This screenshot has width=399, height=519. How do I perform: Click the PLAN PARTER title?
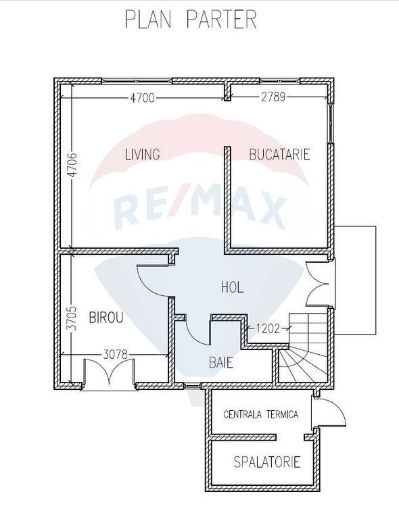click(191, 19)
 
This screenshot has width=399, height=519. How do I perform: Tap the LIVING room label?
click(143, 154)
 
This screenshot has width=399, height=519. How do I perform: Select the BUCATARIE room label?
click(279, 154)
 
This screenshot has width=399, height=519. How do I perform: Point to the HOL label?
click(232, 287)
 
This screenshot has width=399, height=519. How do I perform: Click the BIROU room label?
click(106, 318)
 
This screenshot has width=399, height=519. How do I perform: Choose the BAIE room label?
click(221, 362)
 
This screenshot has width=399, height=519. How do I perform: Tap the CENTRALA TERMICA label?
click(261, 414)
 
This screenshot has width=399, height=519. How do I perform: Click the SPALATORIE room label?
click(267, 462)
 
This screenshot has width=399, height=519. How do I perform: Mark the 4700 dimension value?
click(142, 97)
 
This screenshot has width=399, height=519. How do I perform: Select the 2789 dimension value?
click(273, 97)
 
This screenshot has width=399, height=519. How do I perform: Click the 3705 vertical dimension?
click(72, 318)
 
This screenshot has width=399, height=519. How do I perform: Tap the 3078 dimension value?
click(115, 355)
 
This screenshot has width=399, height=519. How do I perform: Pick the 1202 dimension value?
click(268, 328)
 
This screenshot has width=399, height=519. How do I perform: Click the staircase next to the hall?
click(303, 347)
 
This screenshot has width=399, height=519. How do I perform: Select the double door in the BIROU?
click(110, 374)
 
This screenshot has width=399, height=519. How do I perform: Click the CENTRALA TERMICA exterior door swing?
click(329, 412)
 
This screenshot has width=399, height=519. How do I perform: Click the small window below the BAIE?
click(192, 386)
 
